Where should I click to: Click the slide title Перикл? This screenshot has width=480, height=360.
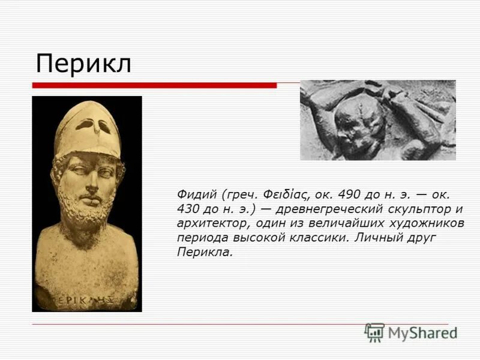[x=83, y=64]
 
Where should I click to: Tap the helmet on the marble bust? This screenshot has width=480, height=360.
[x=87, y=126]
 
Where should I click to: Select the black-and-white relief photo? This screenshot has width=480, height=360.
[x=377, y=120]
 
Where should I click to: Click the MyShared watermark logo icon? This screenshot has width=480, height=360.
[x=374, y=332]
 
